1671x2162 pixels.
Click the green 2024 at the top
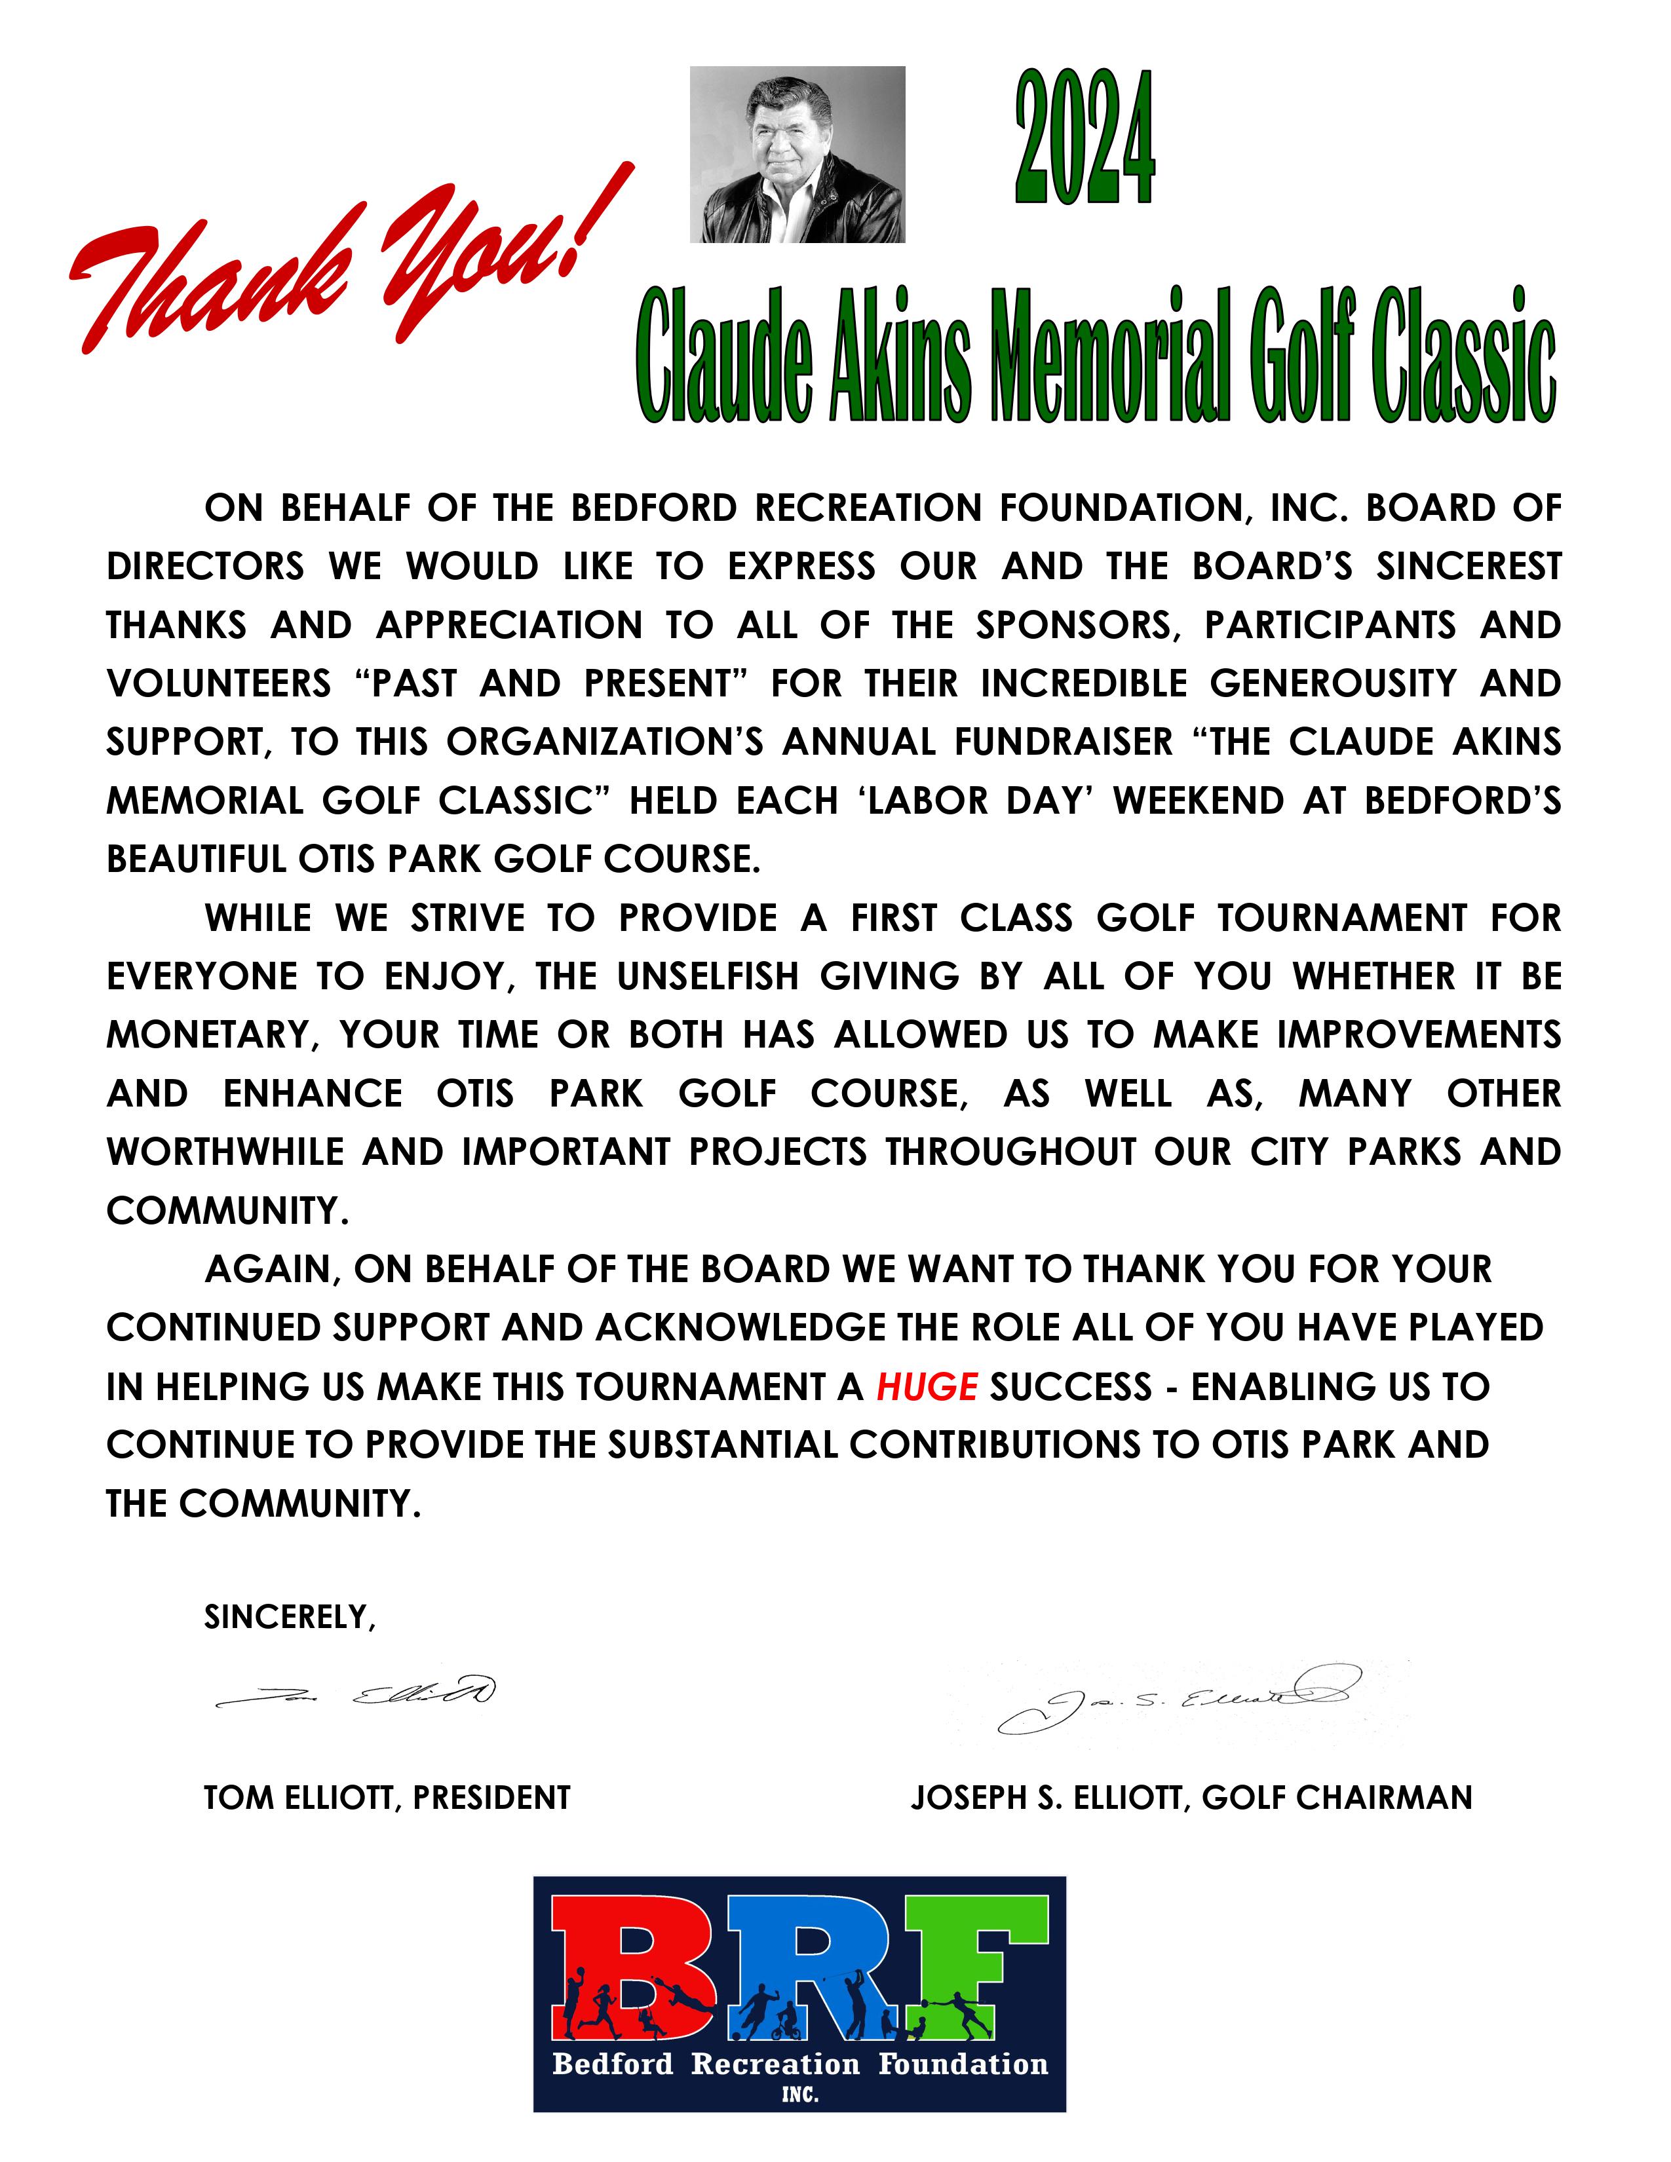pyautogui.click(x=1085, y=139)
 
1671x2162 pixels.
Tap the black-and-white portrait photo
pyautogui.click(x=797, y=155)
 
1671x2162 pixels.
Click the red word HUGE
pyautogui.click(x=927, y=1387)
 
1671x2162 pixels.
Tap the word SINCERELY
pyautogui.click(x=289, y=1616)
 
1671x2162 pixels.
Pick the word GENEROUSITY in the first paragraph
pyautogui.click(x=1332, y=684)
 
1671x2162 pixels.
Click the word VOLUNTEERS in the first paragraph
pyautogui.click(x=219, y=684)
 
